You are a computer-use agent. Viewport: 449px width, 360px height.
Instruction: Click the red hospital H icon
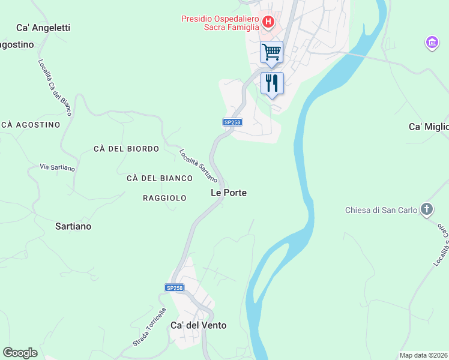[x=268, y=23]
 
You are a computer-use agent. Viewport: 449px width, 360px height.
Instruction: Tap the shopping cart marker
[x=271, y=52]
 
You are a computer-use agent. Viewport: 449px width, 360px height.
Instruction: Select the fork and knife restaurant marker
[x=272, y=83]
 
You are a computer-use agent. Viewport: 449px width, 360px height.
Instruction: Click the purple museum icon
[x=432, y=43]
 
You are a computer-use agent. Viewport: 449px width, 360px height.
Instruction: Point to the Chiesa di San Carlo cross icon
[x=426, y=209]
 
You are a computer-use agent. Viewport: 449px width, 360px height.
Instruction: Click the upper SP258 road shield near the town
[x=232, y=122]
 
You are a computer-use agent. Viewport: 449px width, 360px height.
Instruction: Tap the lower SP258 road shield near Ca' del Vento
[x=174, y=288]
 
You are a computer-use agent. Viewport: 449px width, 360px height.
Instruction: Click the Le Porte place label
[x=229, y=193]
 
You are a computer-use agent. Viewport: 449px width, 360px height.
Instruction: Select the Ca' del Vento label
[x=199, y=325]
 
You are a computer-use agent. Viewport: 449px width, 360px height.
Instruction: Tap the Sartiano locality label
[x=73, y=226]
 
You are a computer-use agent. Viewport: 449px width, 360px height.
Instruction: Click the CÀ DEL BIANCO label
[x=160, y=178]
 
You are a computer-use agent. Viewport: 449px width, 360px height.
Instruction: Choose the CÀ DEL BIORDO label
[x=126, y=149]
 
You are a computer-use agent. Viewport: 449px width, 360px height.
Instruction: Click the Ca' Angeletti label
[x=44, y=28]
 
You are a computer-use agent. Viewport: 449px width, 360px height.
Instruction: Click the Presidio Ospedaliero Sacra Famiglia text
[x=220, y=22]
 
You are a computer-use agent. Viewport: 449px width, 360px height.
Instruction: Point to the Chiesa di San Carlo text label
[x=381, y=210]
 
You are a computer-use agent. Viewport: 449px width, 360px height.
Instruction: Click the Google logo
[x=20, y=353]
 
